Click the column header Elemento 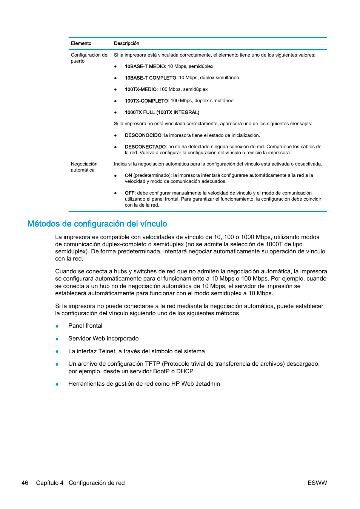point(81,43)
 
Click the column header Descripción point(126,43)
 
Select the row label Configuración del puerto point(89,58)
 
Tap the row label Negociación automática point(84,167)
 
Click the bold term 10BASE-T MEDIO point(145,66)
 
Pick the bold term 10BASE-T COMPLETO point(150,78)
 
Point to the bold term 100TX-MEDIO point(140,89)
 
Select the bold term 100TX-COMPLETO point(146,101)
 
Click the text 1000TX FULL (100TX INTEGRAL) point(162,112)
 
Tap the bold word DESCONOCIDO point(143,135)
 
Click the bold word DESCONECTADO point(145,147)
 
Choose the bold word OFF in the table point(129,193)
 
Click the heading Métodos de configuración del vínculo point(97,224)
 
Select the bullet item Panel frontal point(85,326)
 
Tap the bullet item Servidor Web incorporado point(103,339)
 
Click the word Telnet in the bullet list point(107,351)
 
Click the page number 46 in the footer point(25,483)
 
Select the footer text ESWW point(317,483)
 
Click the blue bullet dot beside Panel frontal point(57,326)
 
